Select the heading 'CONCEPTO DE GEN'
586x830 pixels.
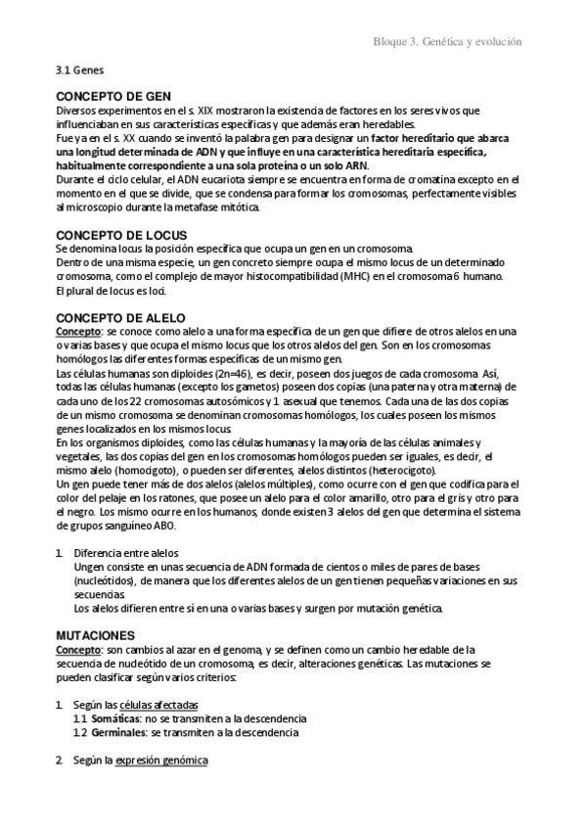point(113,97)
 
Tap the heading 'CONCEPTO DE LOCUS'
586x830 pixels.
point(121,236)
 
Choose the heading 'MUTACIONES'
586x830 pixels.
point(96,634)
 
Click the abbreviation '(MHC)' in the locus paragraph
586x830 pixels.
point(334,277)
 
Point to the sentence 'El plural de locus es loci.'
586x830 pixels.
point(111,292)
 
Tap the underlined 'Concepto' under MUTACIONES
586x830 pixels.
point(77,649)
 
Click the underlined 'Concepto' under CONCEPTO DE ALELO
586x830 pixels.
point(77,334)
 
